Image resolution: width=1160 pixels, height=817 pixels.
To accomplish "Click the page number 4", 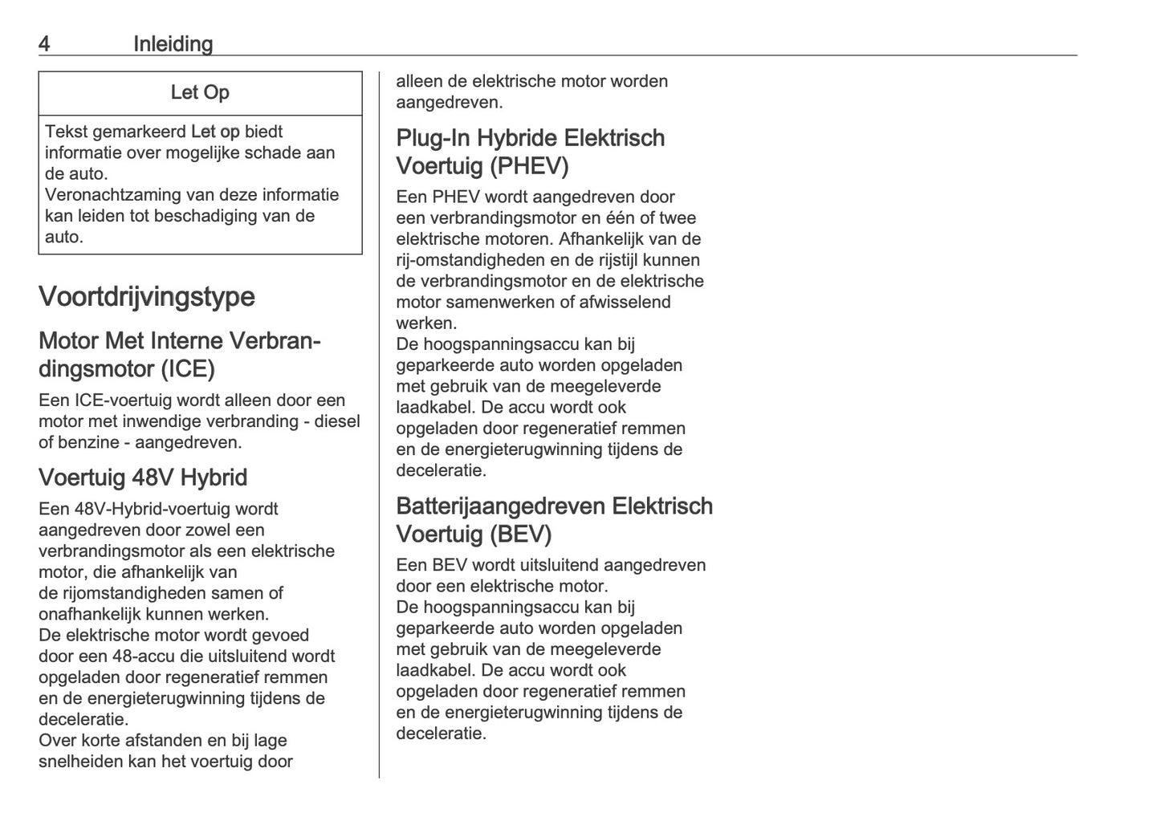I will tap(44, 44).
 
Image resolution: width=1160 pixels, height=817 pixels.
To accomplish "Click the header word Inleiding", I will tap(173, 44).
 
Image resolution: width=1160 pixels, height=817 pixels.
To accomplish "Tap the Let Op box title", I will tap(200, 93).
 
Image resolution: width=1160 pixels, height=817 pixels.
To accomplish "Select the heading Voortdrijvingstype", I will tap(147, 296).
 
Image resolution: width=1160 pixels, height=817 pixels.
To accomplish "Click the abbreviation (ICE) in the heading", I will tap(187, 369).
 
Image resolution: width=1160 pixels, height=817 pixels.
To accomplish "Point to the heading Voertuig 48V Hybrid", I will tap(143, 478).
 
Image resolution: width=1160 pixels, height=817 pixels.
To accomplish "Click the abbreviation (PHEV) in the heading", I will tap(528, 166).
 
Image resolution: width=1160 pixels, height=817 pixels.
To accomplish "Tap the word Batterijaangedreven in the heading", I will tap(501, 506).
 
